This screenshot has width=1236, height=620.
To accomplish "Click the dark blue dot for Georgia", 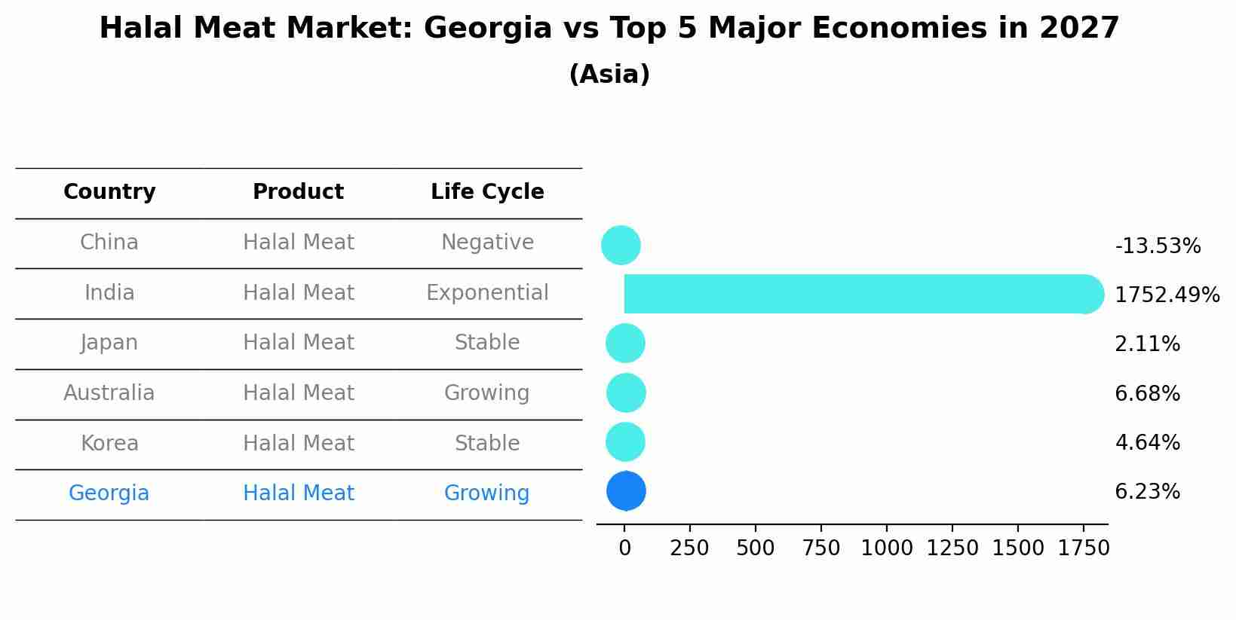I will (626, 491).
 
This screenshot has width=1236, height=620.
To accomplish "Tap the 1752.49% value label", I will (1167, 295).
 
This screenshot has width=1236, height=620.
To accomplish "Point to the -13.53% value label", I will (1158, 246).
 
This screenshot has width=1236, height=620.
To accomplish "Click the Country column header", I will (109, 192).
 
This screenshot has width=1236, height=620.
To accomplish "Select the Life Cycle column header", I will (487, 192).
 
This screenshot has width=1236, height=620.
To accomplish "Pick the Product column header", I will (298, 192).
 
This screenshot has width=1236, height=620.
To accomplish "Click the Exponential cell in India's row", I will (487, 293).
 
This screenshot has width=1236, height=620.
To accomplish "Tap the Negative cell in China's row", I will (487, 243).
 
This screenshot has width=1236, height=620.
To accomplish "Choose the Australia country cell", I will (109, 393).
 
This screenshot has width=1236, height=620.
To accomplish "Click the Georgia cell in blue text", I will (109, 493).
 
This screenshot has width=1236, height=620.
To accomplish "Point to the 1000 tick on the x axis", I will (887, 548).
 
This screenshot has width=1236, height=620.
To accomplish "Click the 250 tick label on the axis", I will (689, 548).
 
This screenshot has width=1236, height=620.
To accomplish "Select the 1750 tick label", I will (1084, 548).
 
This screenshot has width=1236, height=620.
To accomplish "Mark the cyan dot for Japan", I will (625, 344).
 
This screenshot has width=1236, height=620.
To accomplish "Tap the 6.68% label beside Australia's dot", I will (1147, 394).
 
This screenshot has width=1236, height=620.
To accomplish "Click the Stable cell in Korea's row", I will (487, 444).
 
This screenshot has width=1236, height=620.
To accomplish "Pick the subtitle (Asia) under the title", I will (609, 75).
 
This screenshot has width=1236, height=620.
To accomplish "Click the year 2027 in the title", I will (1078, 29).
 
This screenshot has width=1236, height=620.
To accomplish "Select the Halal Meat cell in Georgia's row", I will (298, 493).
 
